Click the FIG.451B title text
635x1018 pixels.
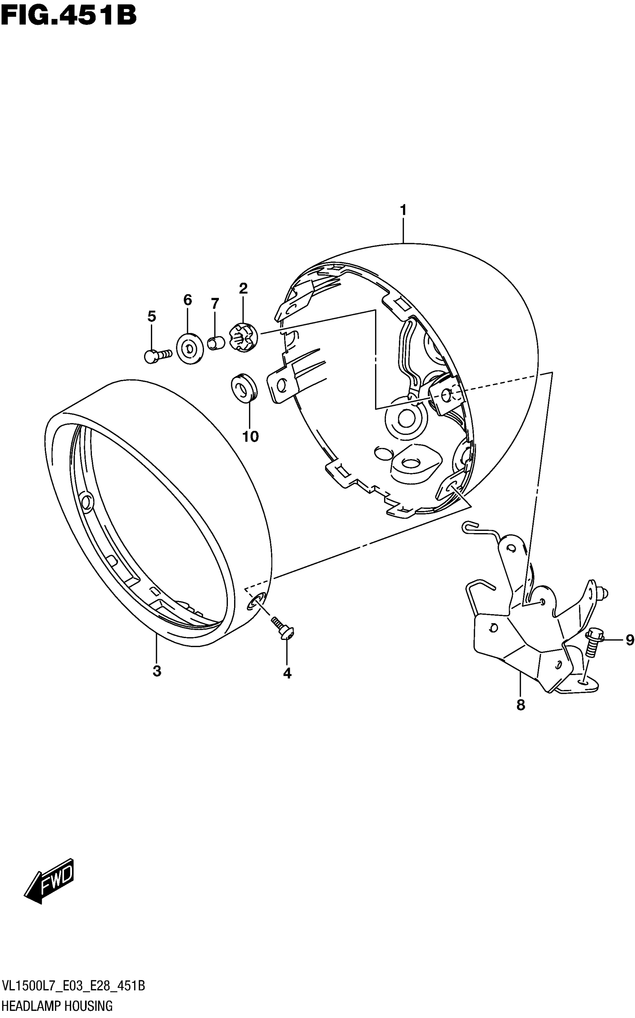click(x=68, y=16)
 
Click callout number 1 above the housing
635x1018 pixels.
click(x=403, y=210)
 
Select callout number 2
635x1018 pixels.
click(x=243, y=288)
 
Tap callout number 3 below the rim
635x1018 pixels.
click(x=157, y=671)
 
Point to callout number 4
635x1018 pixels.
click(x=287, y=673)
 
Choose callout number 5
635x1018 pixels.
click(x=152, y=317)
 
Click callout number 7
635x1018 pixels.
click(x=215, y=303)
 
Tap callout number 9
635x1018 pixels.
click(x=629, y=640)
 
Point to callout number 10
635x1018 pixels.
click(x=250, y=437)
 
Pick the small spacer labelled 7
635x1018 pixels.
click(x=216, y=342)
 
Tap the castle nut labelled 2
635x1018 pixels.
click(x=243, y=336)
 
